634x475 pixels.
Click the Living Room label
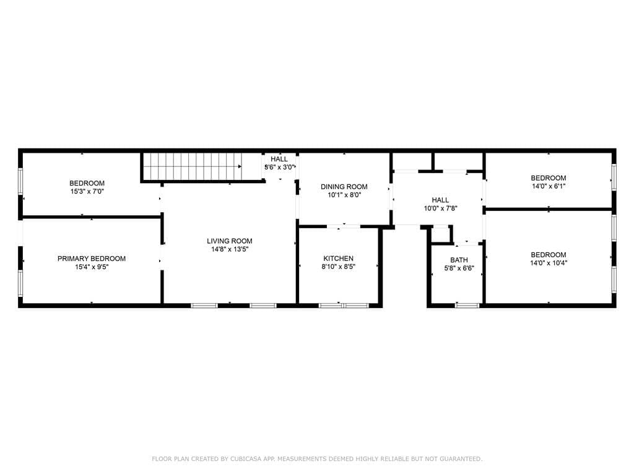230,241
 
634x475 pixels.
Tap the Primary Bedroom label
92,259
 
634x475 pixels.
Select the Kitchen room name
339,259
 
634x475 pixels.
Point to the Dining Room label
344,187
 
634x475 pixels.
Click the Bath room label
459,260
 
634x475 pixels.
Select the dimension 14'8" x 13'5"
230,250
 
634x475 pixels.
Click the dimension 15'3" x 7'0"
87,192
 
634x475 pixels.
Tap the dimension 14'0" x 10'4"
549,263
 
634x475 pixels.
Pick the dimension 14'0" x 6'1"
549,186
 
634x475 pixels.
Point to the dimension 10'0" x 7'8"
440,208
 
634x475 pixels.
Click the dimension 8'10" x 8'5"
339,267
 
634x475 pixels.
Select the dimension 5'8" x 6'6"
459,268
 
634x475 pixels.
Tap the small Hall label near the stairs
279,160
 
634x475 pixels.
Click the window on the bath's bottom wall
467,305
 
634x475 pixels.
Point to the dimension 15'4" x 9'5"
92,267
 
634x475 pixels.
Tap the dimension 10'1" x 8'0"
344,195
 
